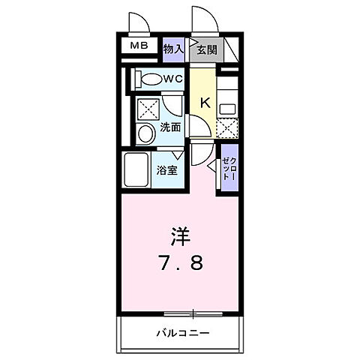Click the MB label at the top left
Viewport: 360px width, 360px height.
140,46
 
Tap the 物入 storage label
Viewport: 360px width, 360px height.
173,49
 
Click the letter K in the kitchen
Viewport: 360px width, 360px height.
202,103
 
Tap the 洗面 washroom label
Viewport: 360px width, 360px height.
169,127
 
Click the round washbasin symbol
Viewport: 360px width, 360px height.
146,133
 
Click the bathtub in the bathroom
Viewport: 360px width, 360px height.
136,172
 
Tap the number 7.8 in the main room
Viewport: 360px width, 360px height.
181,264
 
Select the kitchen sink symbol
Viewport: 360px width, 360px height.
226,106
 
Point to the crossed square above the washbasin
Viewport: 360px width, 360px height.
147,106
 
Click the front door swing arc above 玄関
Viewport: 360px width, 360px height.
203,19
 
